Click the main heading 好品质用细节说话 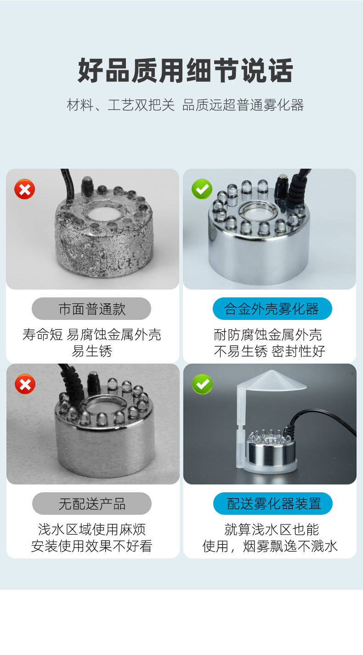pyautogui.click(x=185, y=70)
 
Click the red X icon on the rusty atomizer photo pyautogui.click(x=25, y=189)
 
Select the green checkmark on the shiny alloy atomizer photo pyautogui.click(x=202, y=189)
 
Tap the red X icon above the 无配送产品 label pyautogui.click(x=25, y=384)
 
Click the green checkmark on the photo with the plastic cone pyautogui.click(x=202, y=384)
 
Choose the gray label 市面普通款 pyautogui.click(x=91, y=309)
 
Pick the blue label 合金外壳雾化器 pyautogui.click(x=272, y=309)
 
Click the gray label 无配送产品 pyautogui.click(x=91, y=504)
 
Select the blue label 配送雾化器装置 pyautogui.click(x=273, y=504)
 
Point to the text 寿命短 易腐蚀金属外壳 pyautogui.click(x=91, y=334)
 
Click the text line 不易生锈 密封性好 pyautogui.click(x=270, y=351)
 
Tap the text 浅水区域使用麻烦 pyautogui.click(x=91, y=529)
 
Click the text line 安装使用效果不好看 pyautogui.click(x=91, y=546)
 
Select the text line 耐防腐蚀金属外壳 pyautogui.click(x=270, y=334)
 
